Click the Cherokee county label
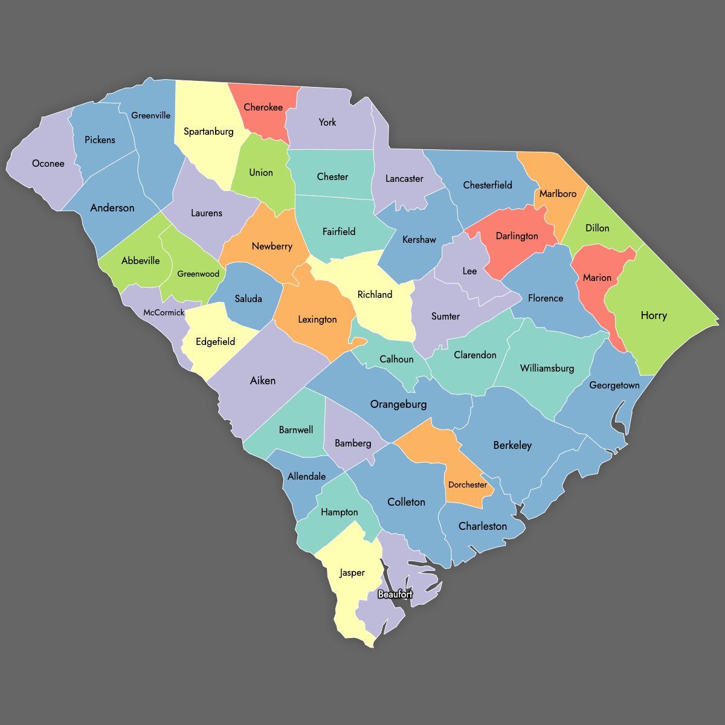(x=263, y=108)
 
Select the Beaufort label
(x=395, y=594)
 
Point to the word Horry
(x=654, y=315)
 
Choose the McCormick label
(x=164, y=312)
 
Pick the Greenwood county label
(x=198, y=274)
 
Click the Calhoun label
(x=396, y=359)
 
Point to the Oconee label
(x=48, y=164)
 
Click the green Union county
(x=261, y=173)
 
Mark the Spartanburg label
(x=208, y=132)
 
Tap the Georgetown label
(x=614, y=385)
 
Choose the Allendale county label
(x=307, y=477)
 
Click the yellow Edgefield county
(x=216, y=342)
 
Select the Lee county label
(x=469, y=271)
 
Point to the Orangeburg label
(x=398, y=404)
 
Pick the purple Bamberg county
(x=353, y=443)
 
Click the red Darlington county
(x=517, y=236)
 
